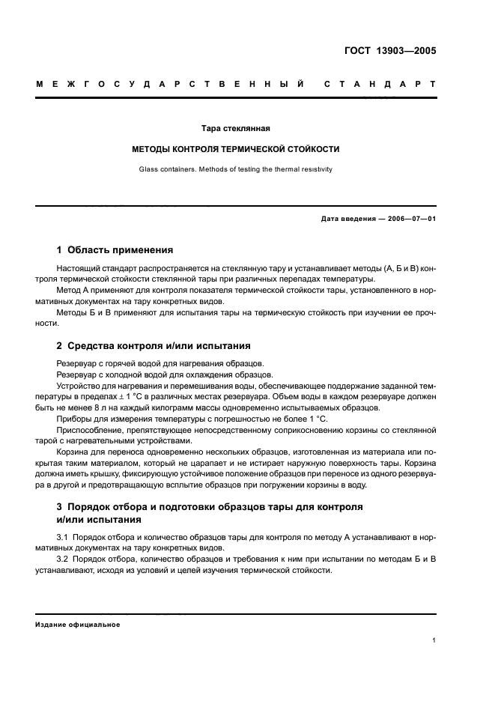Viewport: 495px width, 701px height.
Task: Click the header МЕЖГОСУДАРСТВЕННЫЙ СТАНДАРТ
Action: click(236, 84)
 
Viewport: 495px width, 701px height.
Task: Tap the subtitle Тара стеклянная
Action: click(235, 128)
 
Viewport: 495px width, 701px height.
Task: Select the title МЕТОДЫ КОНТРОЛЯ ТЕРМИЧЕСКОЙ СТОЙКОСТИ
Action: click(236, 149)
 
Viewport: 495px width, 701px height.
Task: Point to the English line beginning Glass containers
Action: click(235, 169)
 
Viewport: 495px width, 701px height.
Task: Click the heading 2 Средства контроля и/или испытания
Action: click(154, 346)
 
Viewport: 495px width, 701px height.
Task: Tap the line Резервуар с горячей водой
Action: click(125, 363)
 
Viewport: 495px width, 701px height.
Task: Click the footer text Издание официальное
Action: click(77, 625)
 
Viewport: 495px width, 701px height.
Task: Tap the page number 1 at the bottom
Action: click(434, 641)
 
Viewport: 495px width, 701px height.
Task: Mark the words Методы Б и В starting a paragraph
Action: click(81, 311)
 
